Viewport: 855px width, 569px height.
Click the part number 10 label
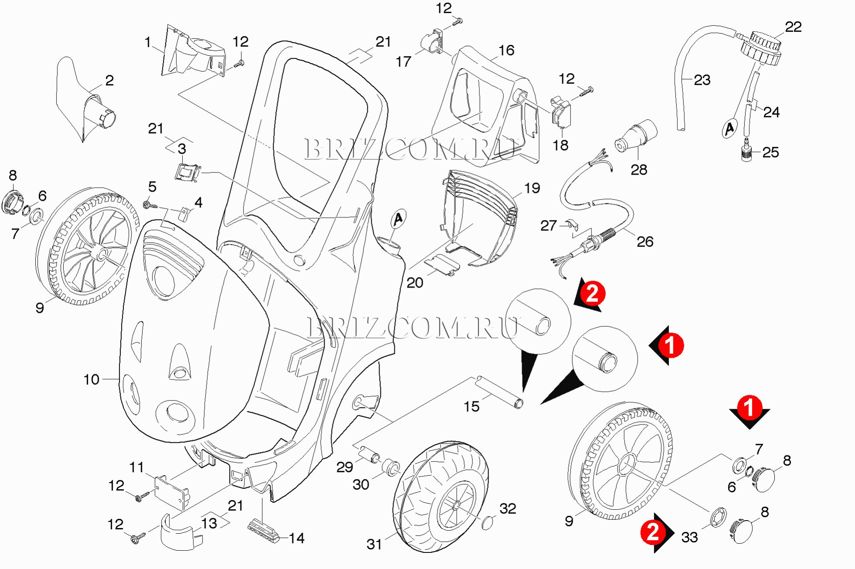point(92,379)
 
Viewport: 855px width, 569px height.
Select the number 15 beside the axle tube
point(471,406)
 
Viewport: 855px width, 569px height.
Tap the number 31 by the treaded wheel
point(374,544)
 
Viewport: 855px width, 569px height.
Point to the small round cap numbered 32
point(488,522)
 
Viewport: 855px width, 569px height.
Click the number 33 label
point(689,537)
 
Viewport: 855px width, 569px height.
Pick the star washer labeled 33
point(718,517)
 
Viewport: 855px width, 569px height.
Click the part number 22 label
point(793,27)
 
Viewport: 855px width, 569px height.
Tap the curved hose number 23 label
point(702,80)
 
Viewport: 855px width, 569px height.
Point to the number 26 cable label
point(645,242)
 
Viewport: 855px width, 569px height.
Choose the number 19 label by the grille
point(532,188)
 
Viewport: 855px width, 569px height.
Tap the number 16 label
point(506,51)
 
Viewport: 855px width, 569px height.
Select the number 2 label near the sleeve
point(109,80)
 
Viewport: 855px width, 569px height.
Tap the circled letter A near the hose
point(730,129)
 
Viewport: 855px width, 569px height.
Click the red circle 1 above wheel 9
point(749,408)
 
